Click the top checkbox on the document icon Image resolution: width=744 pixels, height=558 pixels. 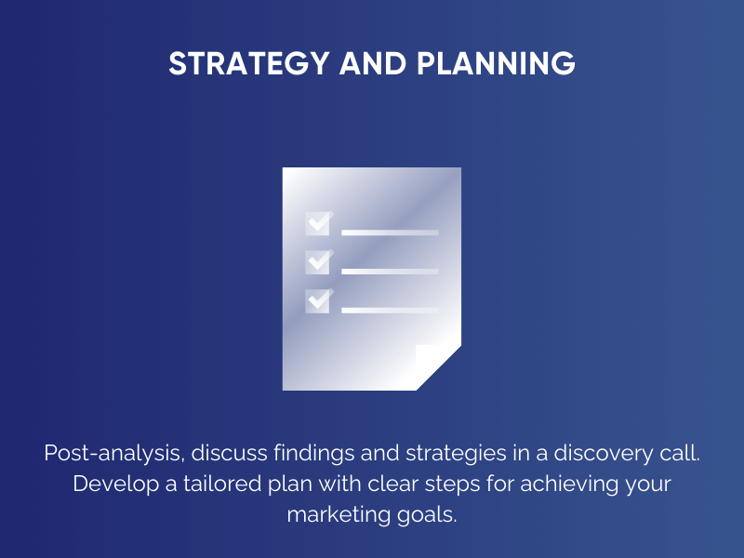[318, 223]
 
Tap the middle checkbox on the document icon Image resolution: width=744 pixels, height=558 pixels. [318, 262]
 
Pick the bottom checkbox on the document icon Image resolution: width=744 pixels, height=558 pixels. [318, 300]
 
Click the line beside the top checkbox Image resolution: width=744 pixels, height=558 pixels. [390, 232]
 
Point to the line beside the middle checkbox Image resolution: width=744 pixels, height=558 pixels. [390, 271]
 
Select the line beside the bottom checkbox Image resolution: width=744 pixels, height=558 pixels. [390, 309]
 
